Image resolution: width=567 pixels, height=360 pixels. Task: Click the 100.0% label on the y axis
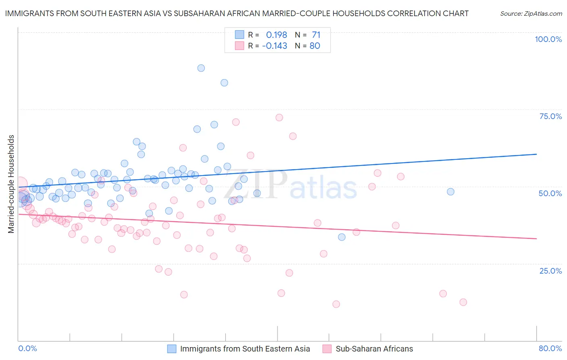(x=548, y=39)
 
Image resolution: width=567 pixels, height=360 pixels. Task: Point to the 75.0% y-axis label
(x=550, y=116)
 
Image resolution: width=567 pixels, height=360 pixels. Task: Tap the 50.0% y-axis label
(x=550, y=193)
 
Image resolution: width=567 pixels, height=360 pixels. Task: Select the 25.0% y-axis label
(x=550, y=270)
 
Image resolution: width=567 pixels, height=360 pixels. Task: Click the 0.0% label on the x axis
(x=27, y=348)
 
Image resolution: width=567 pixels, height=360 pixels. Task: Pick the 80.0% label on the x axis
(x=550, y=348)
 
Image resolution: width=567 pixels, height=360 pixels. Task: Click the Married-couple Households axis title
(x=11, y=184)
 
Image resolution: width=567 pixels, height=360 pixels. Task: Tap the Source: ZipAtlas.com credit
(x=531, y=14)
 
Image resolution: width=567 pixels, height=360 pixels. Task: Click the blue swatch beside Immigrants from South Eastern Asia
(x=172, y=349)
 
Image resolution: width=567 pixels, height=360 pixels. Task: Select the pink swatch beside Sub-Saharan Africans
(x=327, y=349)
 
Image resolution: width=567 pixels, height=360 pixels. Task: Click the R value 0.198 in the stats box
(x=276, y=35)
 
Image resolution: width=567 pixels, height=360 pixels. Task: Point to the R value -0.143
(x=274, y=46)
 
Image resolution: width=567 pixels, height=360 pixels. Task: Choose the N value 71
(x=316, y=35)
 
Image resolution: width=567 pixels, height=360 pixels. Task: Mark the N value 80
(x=315, y=46)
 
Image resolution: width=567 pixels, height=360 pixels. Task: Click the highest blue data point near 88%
(x=201, y=68)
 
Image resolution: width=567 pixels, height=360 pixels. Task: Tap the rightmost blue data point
(x=450, y=192)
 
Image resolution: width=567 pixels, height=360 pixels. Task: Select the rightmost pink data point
(x=463, y=302)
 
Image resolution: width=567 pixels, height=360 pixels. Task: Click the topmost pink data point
(x=279, y=117)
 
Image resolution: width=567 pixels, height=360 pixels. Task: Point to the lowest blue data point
(x=342, y=237)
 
